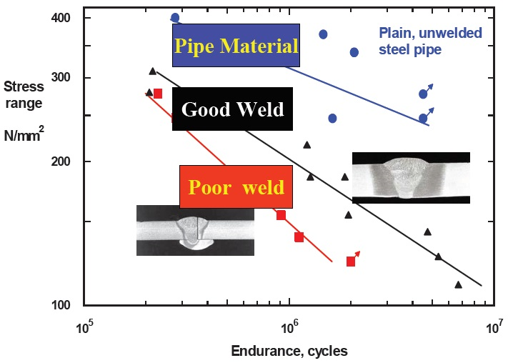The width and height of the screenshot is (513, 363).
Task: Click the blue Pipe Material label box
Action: click(236, 45)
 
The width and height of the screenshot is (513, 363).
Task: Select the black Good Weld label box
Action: click(232, 109)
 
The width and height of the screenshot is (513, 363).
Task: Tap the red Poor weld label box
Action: click(236, 187)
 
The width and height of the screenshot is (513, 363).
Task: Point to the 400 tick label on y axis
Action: click(61, 18)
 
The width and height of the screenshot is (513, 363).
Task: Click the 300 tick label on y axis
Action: click(61, 78)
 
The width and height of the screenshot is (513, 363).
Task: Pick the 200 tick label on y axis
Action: click(61, 161)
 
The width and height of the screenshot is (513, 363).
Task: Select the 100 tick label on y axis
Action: click(61, 305)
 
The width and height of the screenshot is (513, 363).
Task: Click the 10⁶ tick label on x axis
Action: click(289, 326)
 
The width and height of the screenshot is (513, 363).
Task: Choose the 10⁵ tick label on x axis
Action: click(84, 326)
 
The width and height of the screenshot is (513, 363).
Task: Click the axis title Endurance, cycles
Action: click(289, 351)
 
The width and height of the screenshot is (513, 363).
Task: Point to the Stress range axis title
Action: click(24, 95)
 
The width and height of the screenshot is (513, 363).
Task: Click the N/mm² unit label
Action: click(24, 134)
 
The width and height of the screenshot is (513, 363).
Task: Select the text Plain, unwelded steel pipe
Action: click(430, 41)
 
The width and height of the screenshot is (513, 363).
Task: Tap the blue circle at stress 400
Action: click(175, 18)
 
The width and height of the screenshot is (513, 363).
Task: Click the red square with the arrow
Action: click(351, 262)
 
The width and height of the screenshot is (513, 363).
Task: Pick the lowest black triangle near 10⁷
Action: click(459, 285)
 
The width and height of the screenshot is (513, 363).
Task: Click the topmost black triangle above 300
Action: click(153, 71)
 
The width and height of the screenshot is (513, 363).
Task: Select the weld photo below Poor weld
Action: click(195, 230)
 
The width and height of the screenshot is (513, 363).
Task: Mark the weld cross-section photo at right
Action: click(412, 178)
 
